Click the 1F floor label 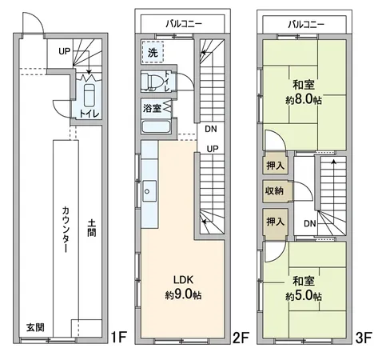(117, 338)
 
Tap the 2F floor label (239, 338)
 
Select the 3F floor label (363, 338)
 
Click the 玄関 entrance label (34, 329)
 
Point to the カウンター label (64, 228)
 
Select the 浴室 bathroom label (151, 107)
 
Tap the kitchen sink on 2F (149, 192)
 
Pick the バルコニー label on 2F (184, 23)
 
